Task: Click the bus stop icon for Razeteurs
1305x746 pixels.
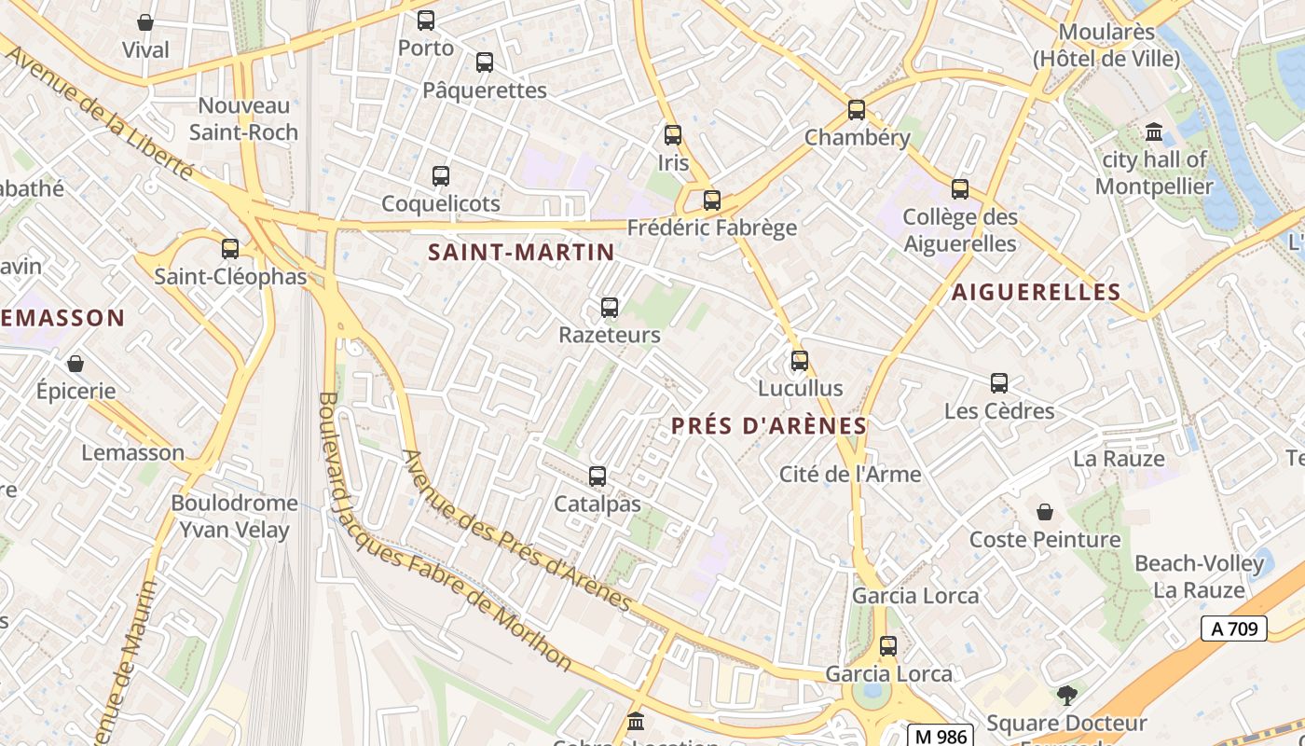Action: [x=610, y=307]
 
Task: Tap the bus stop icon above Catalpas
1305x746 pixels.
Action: [x=598, y=477]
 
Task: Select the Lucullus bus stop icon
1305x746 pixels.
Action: [x=800, y=361]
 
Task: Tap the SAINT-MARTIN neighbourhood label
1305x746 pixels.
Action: [x=521, y=252]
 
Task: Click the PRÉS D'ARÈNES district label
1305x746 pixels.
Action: [x=769, y=426]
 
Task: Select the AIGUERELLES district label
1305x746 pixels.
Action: [x=1036, y=292]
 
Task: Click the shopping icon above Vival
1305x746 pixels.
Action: [x=145, y=22]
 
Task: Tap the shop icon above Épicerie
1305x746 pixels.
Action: [x=76, y=364]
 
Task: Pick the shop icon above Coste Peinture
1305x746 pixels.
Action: [x=1045, y=512]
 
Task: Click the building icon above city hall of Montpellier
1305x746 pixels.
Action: [x=1154, y=131]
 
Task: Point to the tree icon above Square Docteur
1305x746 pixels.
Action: [x=1066, y=695]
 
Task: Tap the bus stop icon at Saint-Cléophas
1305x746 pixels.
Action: [x=230, y=249]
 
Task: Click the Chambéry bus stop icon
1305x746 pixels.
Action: [x=857, y=110]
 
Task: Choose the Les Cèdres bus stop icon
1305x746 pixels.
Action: [x=999, y=383]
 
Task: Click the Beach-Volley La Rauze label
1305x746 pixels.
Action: [x=1199, y=576]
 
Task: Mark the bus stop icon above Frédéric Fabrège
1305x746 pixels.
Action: [x=712, y=200]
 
